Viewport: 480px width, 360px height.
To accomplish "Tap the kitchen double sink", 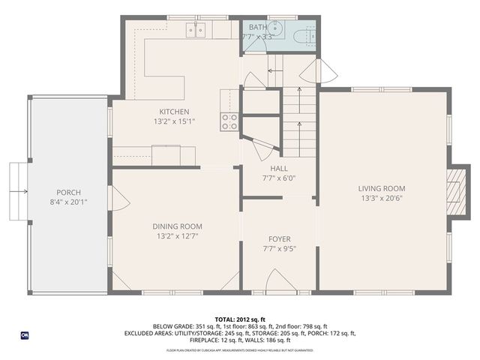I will [197, 29].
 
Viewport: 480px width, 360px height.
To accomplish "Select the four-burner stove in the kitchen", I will [229, 121].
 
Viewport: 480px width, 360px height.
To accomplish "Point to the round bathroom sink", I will [274, 30].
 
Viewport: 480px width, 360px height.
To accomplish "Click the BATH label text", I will [257, 27].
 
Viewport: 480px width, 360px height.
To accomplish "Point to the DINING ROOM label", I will [177, 226].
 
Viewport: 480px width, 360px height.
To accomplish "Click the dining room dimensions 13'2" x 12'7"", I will [177, 236].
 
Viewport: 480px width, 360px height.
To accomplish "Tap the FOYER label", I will [279, 239].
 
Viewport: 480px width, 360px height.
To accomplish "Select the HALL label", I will [279, 169].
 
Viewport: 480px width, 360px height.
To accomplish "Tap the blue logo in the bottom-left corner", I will [25, 334].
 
